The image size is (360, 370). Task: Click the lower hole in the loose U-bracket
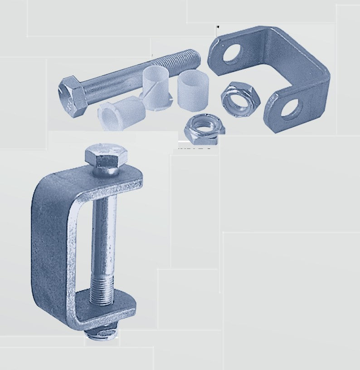click(291, 106)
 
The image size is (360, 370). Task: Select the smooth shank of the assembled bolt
click(104, 227)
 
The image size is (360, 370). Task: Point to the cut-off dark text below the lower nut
click(195, 148)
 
